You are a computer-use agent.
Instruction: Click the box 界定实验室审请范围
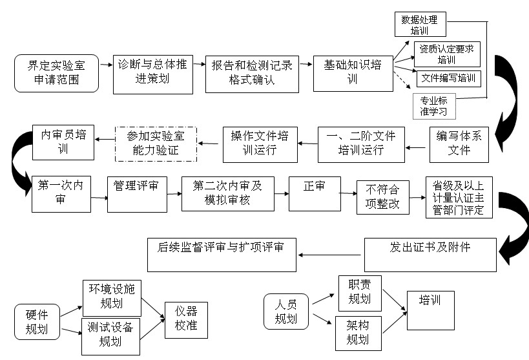coord(56,73)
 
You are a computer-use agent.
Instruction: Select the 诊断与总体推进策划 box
coord(152,73)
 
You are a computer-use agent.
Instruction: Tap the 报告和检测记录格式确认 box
coord(252,73)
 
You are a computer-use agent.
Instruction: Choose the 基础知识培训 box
coord(352,73)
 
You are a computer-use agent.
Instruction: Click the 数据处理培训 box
coord(420,25)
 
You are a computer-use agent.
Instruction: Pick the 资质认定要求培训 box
coord(448,54)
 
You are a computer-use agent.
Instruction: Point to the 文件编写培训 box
coord(449,79)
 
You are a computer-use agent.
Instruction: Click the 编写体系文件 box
coord(459,143)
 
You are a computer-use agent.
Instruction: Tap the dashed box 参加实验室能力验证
coord(156,144)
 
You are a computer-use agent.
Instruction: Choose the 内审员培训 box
coord(63,140)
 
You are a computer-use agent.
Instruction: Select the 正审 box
coord(314,193)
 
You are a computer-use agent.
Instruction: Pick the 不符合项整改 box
coord(383,196)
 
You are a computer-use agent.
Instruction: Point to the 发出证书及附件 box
coord(430,254)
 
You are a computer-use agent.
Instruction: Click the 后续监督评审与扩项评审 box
coord(222,253)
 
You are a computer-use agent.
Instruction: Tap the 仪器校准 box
coord(187,321)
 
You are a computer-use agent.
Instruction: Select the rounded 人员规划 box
coord(286,312)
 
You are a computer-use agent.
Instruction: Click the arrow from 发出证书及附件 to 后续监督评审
coord(330,255)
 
